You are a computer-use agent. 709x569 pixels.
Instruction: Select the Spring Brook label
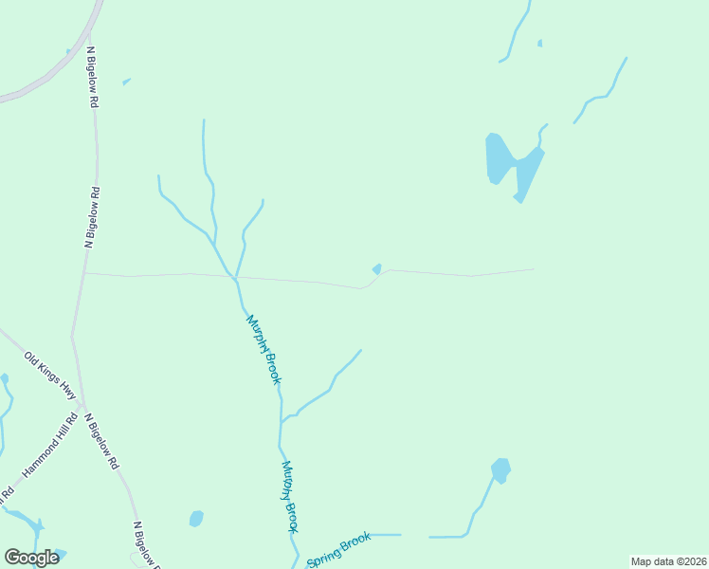click(x=337, y=547)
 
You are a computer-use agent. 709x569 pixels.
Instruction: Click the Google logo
click(x=31, y=558)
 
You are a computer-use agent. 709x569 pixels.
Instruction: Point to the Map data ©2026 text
click(x=668, y=561)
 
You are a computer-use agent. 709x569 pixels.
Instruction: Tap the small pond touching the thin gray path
click(x=377, y=269)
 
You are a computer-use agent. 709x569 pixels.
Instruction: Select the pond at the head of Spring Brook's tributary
click(x=500, y=469)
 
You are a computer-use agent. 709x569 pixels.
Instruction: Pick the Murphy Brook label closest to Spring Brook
click(x=290, y=496)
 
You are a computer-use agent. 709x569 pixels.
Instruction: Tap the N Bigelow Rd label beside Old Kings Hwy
click(x=101, y=441)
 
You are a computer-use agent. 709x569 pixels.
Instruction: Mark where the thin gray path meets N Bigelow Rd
click(x=84, y=274)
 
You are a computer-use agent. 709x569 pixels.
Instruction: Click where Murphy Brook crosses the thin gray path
click(x=233, y=277)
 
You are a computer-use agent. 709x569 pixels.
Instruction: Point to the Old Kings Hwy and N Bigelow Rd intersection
click(x=83, y=403)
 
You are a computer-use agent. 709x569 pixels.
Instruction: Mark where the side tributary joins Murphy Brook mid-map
click(x=282, y=421)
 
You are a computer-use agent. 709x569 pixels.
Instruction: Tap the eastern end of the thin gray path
click(x=533, y=269)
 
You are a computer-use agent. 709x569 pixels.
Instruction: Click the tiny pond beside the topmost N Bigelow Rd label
click(x=126, y=82)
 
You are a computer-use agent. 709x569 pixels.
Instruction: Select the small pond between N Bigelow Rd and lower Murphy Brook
click(x=196, y=518)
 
